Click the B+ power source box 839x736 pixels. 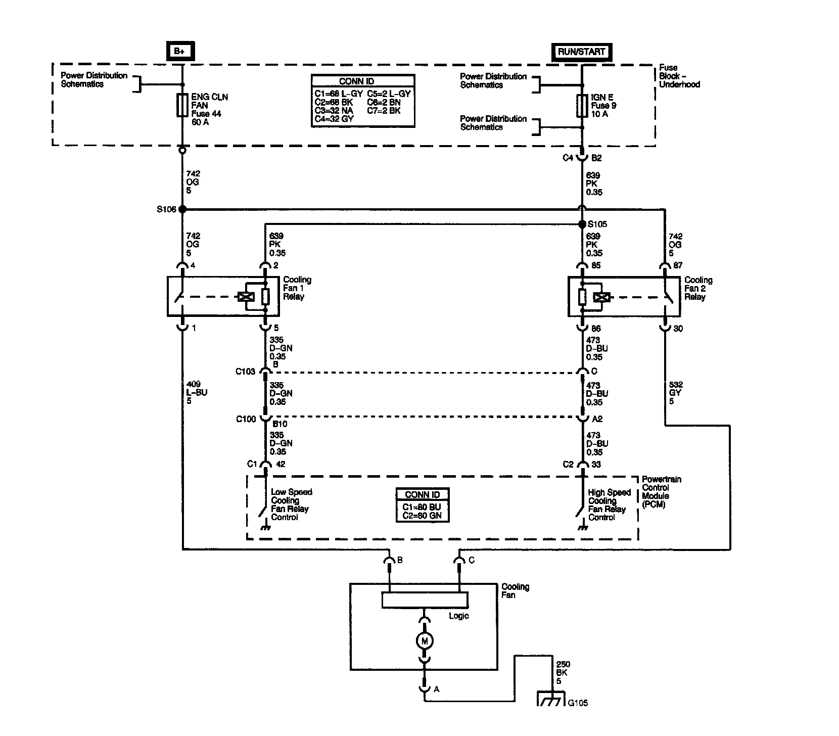pyautogui.click(x=180, y=51)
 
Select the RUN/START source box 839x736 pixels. pyautogui.click(x=581, y=52)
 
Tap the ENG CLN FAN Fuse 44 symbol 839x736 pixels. pyautogui.click(x=182, y=105)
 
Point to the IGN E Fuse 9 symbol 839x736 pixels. pyautogui.click(x=582, y=106)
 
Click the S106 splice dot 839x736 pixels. pyautogui.click(x=182, y=209)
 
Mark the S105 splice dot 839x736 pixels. pyautogui.click(x=582, y=224)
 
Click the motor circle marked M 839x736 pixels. pyautogui.click(x=425, y=641)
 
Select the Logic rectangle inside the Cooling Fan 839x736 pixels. pyautogui.click(x=425, y=600)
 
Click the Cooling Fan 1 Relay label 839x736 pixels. pyautogui.click(x=297, y=288)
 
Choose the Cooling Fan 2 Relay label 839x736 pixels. pyautogui.click(x=698, y=288)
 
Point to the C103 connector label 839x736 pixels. pyautogui.click(x=246, y=372)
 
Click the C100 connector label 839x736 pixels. pyautogui.click(x=246, y=419)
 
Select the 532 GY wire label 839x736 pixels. pyautogui.click(x=675, y=393)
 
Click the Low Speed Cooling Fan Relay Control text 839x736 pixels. pyautogui.click(x=291, y=504)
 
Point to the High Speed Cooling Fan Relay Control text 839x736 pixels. pyautogui.click(x=609, y=505)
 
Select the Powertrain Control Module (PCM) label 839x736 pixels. pyautogui.click(x=661, y=492)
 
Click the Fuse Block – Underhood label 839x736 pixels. pyautogui.click(x=679, y=76)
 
